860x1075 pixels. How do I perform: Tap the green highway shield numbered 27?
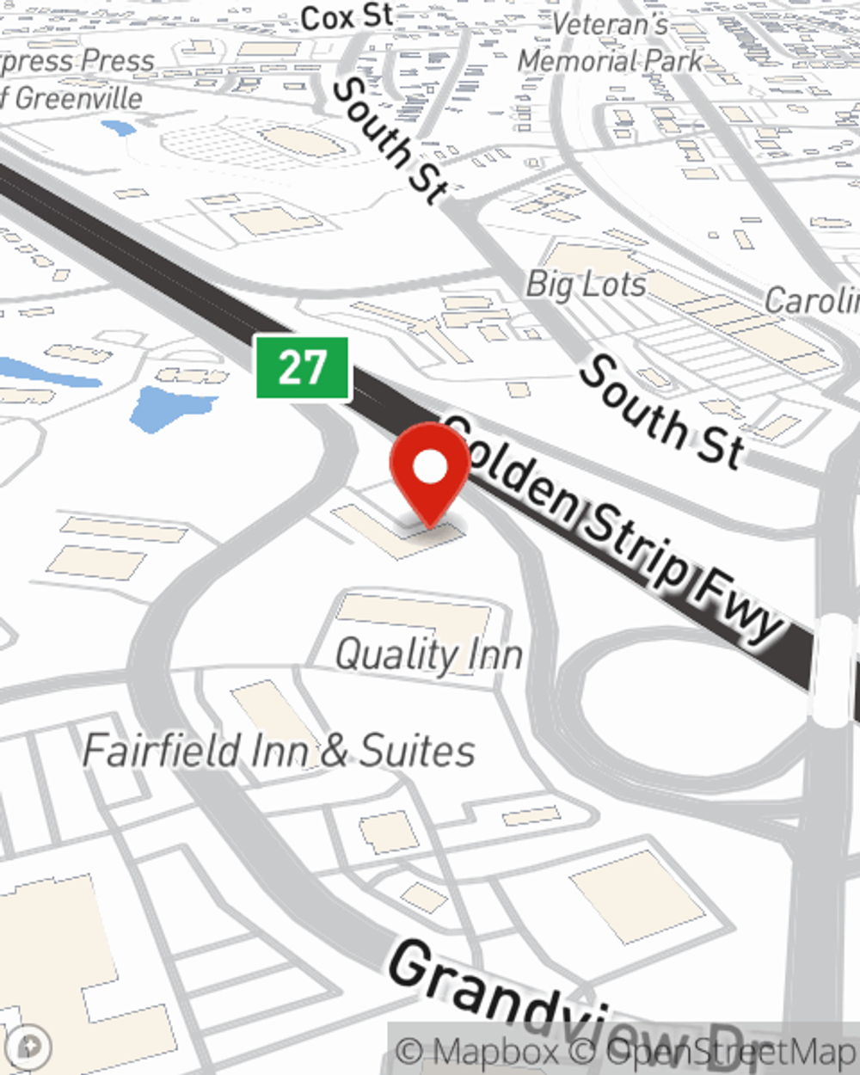(303, 368)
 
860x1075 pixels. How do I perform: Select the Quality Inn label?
(428, 655)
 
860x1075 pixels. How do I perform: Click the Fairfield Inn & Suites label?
(279, 750)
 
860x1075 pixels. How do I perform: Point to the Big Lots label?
(586, 284)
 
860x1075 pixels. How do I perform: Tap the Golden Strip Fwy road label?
(614, 532)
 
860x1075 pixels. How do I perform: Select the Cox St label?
(347, 17)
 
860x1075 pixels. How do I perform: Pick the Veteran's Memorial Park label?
(611, 43)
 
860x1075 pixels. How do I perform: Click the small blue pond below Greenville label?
(118, 128)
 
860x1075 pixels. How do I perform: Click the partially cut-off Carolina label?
(812, 300)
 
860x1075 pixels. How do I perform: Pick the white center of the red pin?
(430, 468)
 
